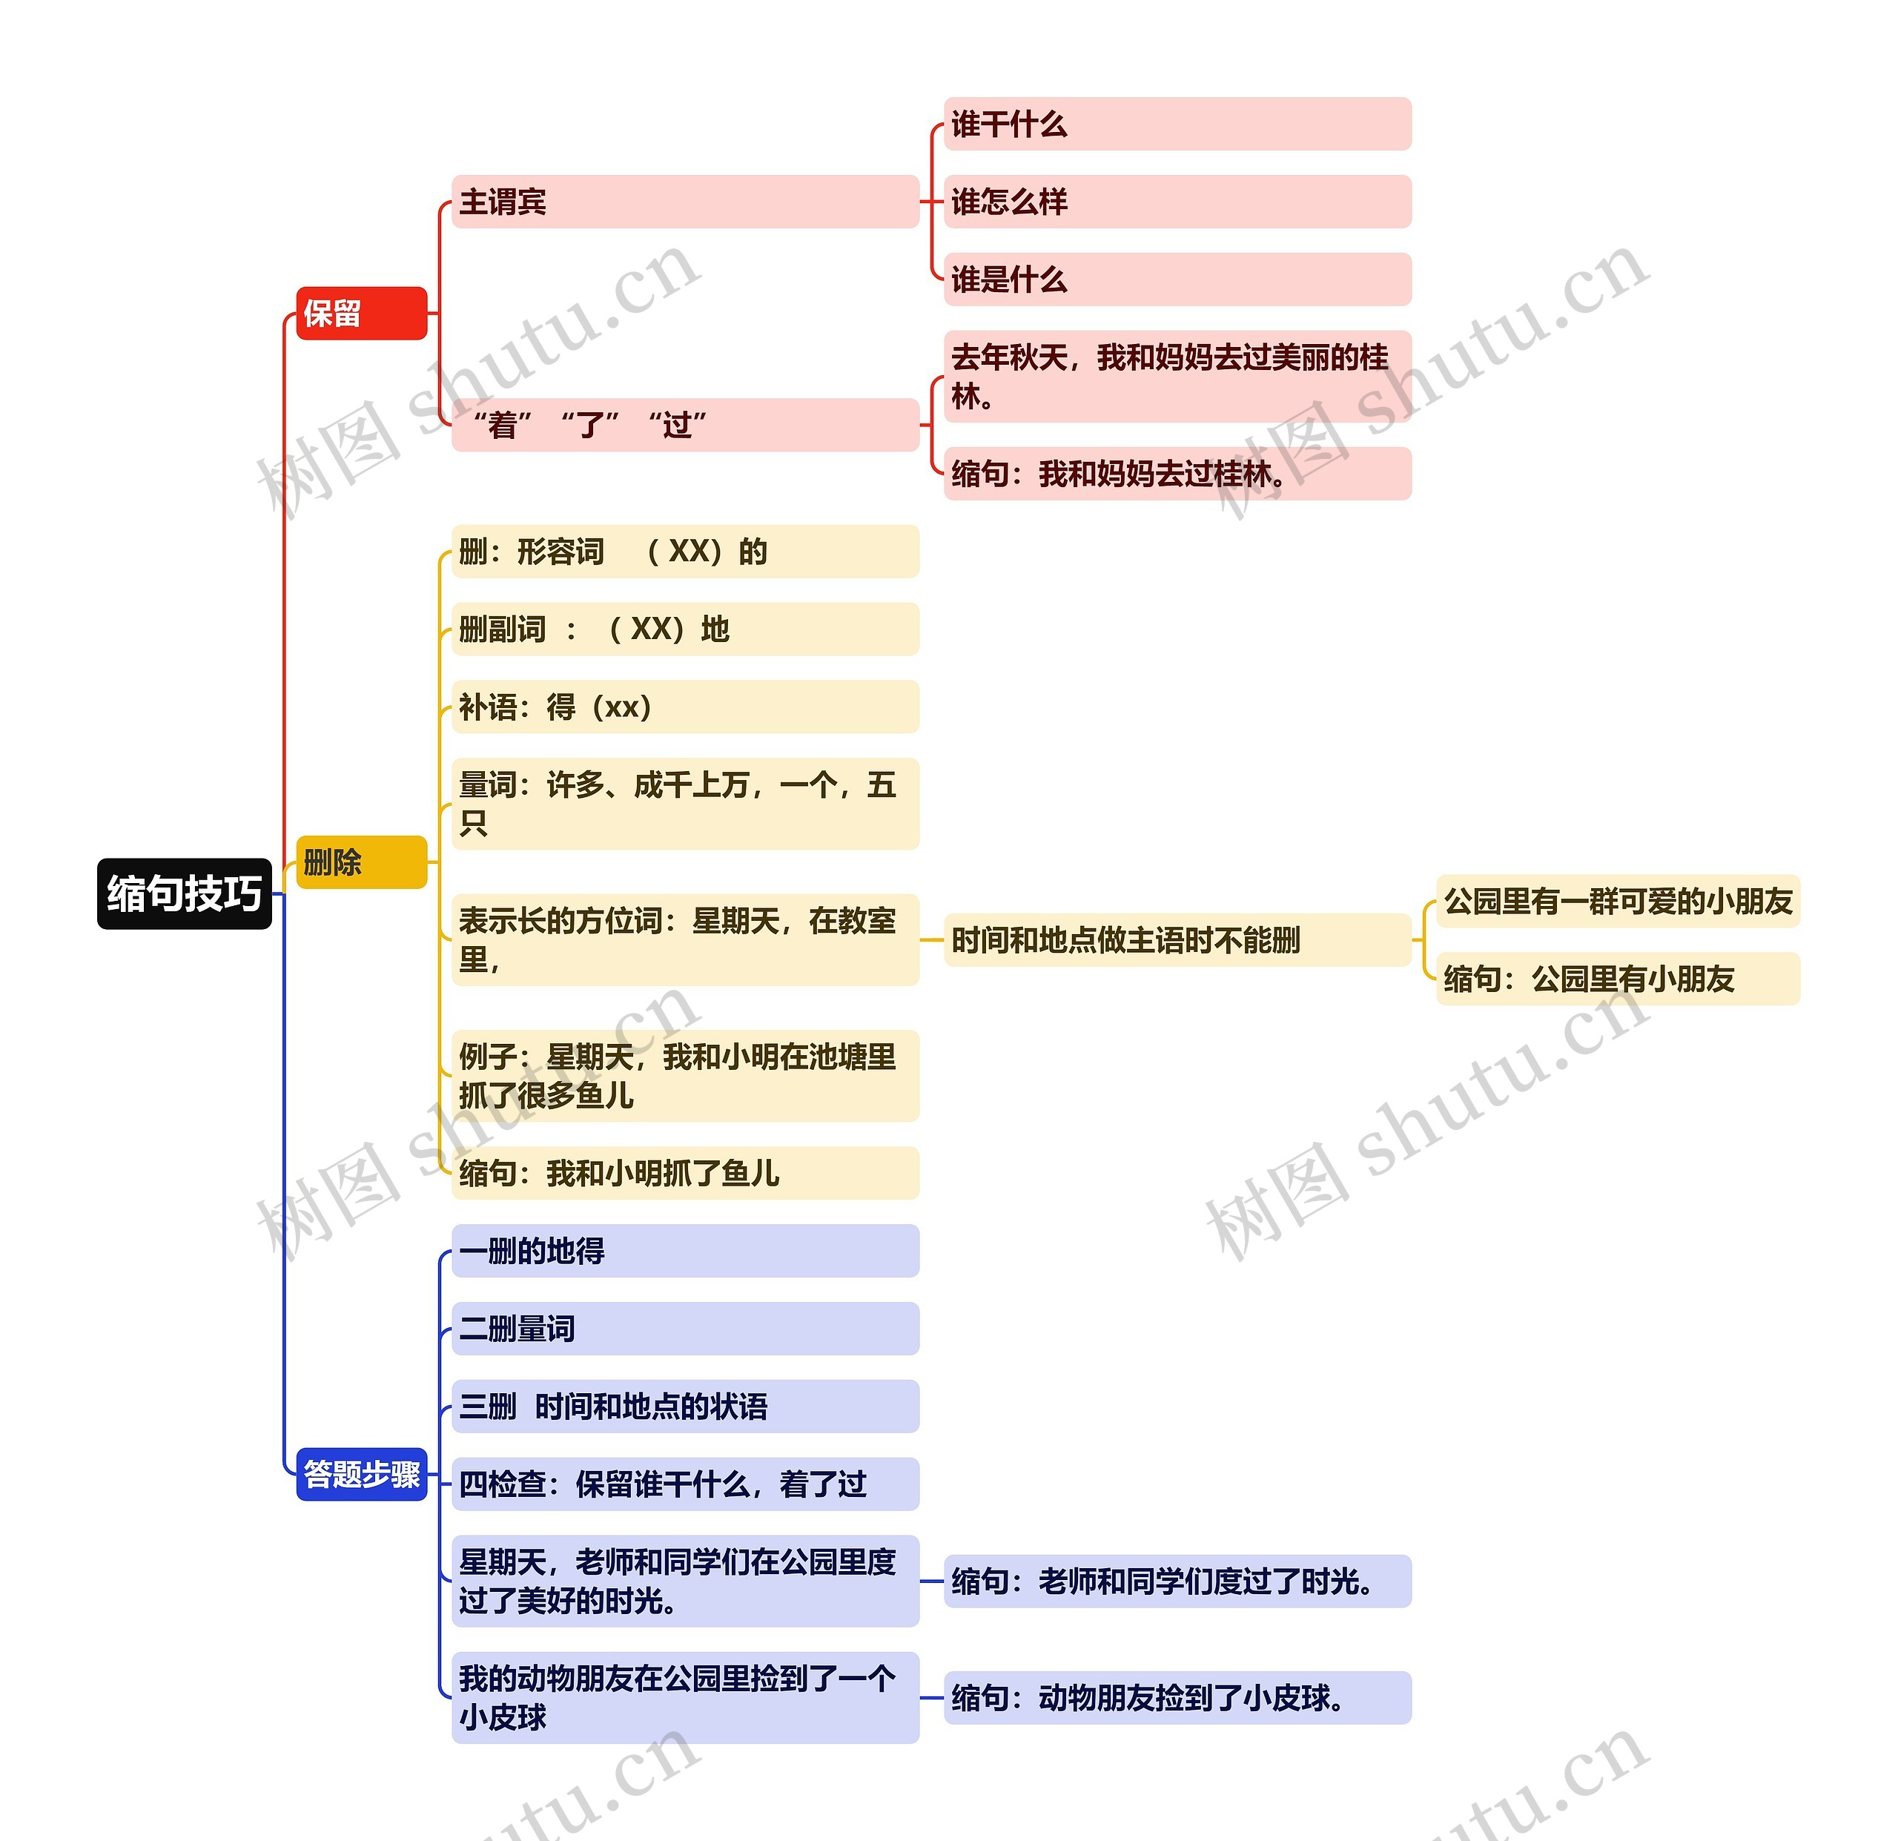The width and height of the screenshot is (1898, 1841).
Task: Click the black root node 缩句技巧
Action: (x=184, y=893)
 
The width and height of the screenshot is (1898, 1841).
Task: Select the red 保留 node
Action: (x=360, y=313)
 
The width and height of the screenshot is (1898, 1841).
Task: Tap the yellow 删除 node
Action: (x=360, y=862)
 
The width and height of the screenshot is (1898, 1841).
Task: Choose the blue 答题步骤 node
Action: (x=360, y=1474)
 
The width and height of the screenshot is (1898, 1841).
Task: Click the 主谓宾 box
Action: (x=684, y=202)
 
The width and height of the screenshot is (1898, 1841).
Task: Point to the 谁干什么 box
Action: (x=1177, y=124)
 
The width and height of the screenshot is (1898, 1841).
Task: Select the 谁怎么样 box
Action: (x=1177, y=202)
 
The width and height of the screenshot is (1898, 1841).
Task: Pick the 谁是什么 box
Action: (x=1177, y=280)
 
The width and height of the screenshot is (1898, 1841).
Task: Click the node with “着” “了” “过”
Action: (x=684, y=424)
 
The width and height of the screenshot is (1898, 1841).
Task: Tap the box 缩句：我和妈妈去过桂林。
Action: (x=1177, y=474)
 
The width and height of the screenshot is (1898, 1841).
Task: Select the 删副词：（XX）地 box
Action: (x=684, y=629)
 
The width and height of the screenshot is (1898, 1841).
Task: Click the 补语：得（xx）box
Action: (x=684, y=707)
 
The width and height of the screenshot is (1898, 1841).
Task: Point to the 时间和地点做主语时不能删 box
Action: (x=1177, y=939)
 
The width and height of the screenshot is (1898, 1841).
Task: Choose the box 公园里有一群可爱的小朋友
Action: (x=1617, y=901)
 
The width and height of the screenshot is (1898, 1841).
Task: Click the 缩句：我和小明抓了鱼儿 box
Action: (x=684, y=1173)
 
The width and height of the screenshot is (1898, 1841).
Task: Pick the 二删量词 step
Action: (x=684, y=1329)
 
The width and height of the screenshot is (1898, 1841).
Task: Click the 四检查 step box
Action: (x=684, y=1484)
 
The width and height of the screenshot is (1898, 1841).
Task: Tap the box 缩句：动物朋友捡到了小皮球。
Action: (x=1177, y=1698)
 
